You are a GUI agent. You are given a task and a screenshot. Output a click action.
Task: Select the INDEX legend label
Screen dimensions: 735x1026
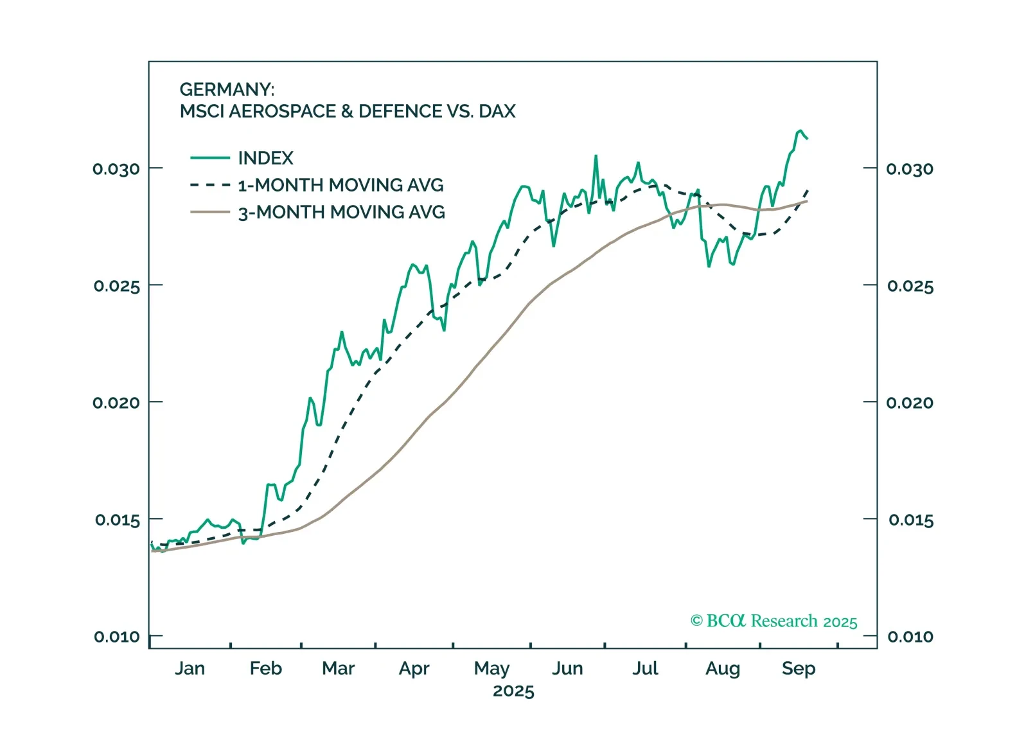click(x=265, y=158)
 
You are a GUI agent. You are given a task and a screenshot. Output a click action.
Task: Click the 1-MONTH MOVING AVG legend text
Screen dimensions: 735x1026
click(x=341, y=185)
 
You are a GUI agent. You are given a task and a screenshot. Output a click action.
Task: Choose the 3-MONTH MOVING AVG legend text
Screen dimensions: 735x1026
click(x=341, y=212)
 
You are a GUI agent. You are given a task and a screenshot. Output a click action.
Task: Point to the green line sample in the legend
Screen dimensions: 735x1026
click(x=210, y=158)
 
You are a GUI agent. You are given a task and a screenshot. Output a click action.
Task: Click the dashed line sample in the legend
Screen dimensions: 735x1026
click(x=210, y=185)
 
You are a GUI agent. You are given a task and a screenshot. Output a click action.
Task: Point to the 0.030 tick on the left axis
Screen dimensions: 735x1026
click(x=116, y=169)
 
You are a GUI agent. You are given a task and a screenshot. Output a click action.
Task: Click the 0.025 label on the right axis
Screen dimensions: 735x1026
click(x=910, y=286)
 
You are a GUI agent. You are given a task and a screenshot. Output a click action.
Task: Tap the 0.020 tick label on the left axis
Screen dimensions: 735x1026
click(x=116, y=403)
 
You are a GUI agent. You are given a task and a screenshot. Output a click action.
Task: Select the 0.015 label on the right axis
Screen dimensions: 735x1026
click(x=910, y=520)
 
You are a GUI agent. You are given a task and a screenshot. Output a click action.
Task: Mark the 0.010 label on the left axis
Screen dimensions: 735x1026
click(x=117, y=637)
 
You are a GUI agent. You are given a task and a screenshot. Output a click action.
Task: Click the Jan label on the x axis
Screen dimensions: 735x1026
click(x=190, y=668)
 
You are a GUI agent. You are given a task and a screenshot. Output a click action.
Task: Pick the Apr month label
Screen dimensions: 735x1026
click(x=414, y=668)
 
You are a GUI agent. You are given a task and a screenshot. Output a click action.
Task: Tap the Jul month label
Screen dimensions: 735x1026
click(x=645, y=668)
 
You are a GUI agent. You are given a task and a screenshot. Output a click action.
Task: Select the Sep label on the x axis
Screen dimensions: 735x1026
click(x=798, y=668)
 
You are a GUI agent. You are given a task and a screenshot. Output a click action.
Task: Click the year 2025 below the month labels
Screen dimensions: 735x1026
click(x=513, y=691)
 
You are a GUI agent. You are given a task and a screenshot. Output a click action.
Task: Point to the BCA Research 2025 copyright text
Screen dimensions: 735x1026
click(x=774, y=621)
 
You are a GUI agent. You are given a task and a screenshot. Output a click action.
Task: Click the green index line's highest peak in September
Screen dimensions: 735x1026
click(x=800, y=131)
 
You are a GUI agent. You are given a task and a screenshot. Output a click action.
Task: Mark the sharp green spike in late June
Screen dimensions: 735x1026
click(x=596, y=156)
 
